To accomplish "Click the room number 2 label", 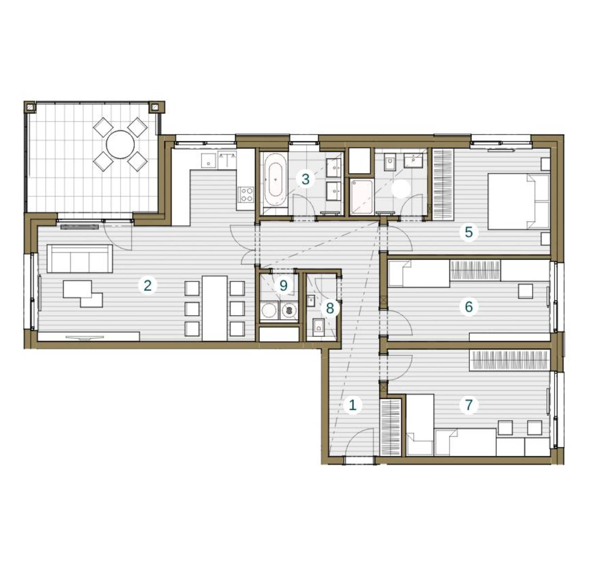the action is (148, 286).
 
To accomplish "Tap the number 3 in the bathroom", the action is (306, 179).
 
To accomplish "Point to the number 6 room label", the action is (469, 307).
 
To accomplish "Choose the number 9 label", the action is (283, 286).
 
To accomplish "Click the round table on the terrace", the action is (120, 144).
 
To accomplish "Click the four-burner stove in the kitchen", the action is (246, 194).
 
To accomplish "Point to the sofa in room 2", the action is (80, 259).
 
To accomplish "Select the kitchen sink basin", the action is (208, 161).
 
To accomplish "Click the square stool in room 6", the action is (526, 291).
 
